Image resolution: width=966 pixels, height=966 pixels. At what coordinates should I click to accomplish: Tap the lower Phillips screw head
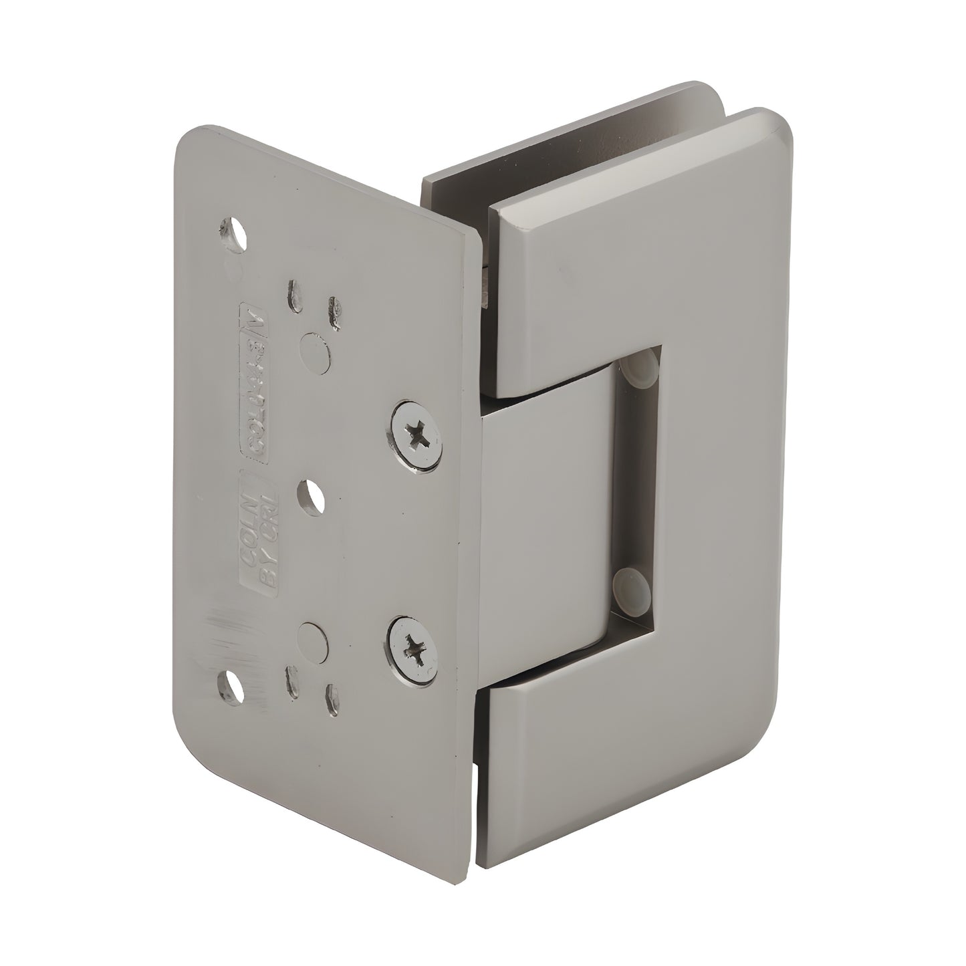[412, 646]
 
